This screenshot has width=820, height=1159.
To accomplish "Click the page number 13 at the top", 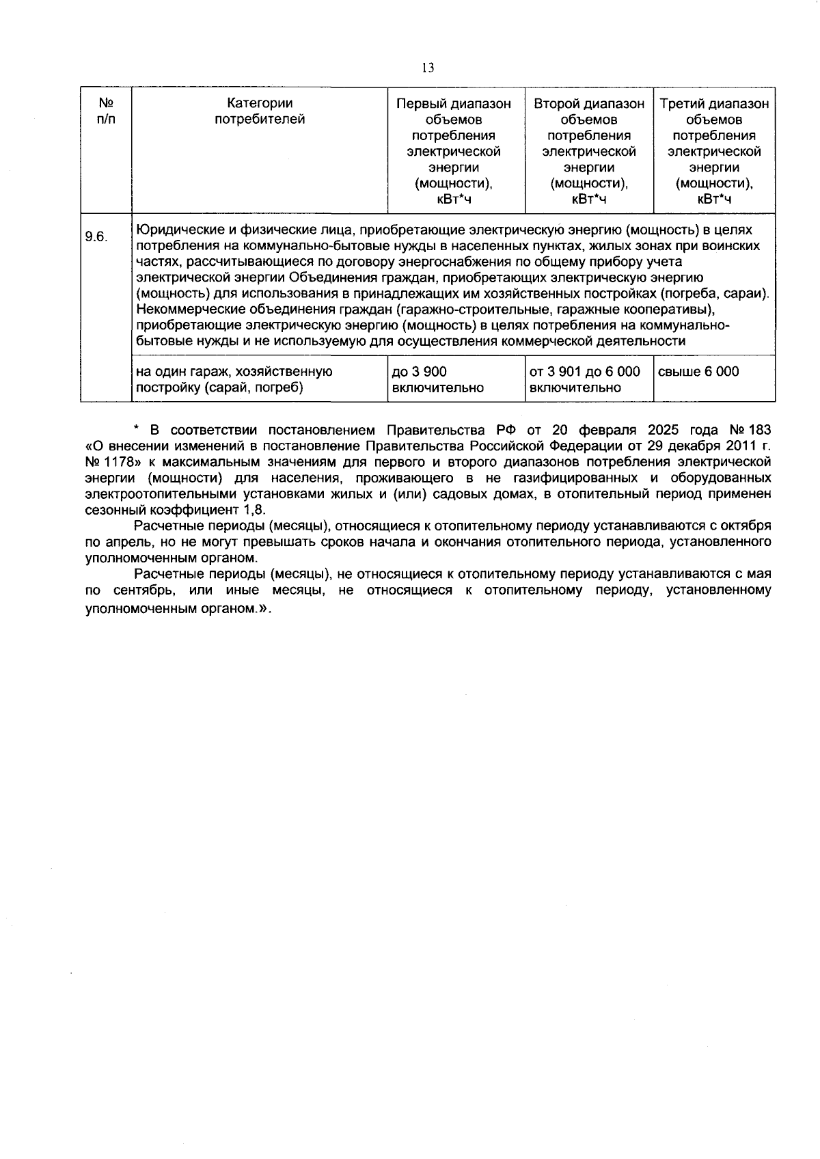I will click(428, 68).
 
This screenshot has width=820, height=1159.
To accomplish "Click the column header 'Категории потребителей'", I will click(260, 111).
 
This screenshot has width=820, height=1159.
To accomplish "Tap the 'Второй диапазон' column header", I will click(588, 104).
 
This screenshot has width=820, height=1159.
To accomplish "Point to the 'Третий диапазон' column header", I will click(714, 104).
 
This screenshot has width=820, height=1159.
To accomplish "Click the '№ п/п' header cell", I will click(106, 111).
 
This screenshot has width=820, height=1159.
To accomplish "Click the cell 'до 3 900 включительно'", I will click(437, 379).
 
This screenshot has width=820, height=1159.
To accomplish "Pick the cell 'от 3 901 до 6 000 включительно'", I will click(585, 379).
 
